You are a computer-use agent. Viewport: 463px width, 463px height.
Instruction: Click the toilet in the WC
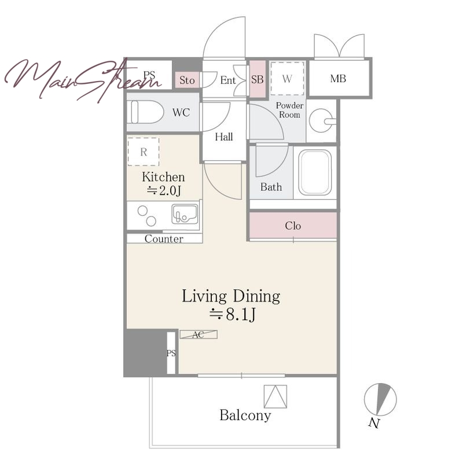(x=147, y=112)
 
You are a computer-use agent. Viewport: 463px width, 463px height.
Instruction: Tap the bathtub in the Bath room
(x=315, y=172)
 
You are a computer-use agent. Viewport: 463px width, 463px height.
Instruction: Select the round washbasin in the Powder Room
(x=322, y=121)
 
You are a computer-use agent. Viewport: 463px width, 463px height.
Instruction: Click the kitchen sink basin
(x=185, y=214)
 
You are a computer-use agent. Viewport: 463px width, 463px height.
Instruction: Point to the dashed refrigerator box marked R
(x=144, y=152)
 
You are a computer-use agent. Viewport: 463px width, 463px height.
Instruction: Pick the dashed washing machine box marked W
(x=287, y=78)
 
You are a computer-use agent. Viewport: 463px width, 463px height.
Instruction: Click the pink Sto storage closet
(x=187, y=80)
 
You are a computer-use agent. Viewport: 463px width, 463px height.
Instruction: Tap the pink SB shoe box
(x=258, y=79)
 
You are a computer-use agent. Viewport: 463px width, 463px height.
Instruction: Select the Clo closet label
(x=293, y=226)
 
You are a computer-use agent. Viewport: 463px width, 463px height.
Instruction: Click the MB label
(x=338, y=79)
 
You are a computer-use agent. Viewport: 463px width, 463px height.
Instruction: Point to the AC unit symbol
(x=199, y=335)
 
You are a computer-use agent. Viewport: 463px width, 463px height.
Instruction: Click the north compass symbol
(x=380, y=399)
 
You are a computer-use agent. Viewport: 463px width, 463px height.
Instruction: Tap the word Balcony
(x=245, y=416)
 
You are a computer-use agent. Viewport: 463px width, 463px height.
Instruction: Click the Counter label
(x=164, y=238)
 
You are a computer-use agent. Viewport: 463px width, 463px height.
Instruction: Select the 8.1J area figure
(x=233, y=314)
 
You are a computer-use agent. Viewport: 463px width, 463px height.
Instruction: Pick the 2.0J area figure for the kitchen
(x=164, y=191)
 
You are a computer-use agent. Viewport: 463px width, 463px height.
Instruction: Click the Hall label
(x=224, y=137)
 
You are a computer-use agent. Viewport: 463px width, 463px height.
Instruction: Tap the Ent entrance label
(x=228, y=80)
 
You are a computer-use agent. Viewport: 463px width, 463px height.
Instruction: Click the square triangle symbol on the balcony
(x=275, y=396)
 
